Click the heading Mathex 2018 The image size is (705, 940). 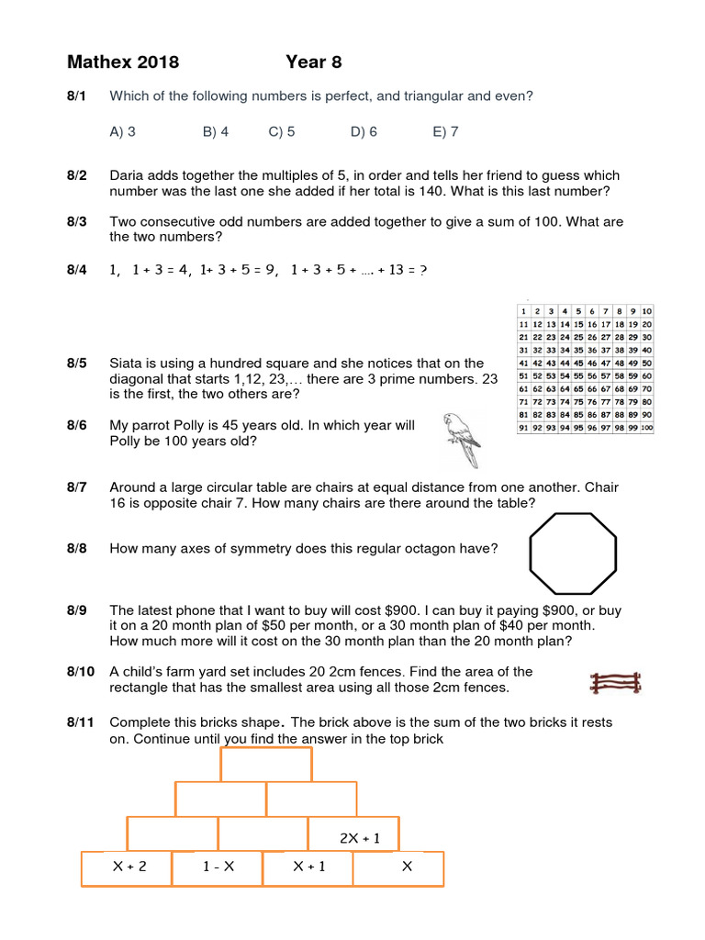click(123, 62)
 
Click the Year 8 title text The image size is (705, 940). click(313, 62)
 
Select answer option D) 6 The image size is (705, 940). click(364, 131)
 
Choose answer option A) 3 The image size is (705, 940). click(122, 131)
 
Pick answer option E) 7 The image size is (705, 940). click(445, 131)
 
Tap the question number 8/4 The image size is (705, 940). click(76, 270)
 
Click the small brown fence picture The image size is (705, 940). click(615, 683)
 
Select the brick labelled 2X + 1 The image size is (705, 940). click(353, 837)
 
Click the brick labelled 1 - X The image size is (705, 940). click(217, 867)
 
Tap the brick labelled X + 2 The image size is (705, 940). click(128, 867)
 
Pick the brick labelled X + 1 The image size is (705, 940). click(308, 867)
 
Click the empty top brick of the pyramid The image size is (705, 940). click(266, 764)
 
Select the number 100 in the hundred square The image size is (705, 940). click(646, 428)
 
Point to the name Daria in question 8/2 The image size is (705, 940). click(128, 175)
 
